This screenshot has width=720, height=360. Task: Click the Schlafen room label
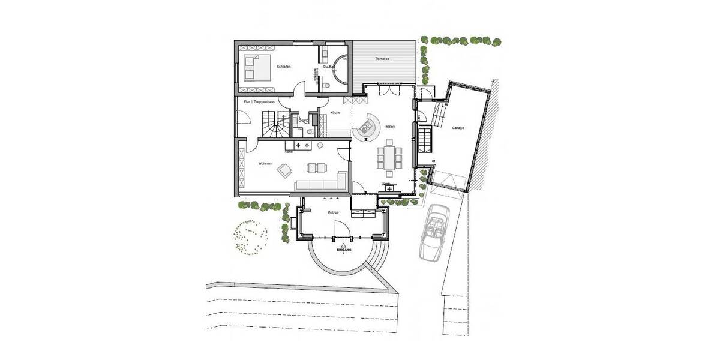[284, 67]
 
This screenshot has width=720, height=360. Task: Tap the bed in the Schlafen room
[254, 67]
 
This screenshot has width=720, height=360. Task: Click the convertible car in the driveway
[435, 231]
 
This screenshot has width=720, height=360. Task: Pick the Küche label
[335, 113]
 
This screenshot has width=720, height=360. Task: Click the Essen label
[391, 127]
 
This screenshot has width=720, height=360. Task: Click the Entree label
[333, 212]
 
